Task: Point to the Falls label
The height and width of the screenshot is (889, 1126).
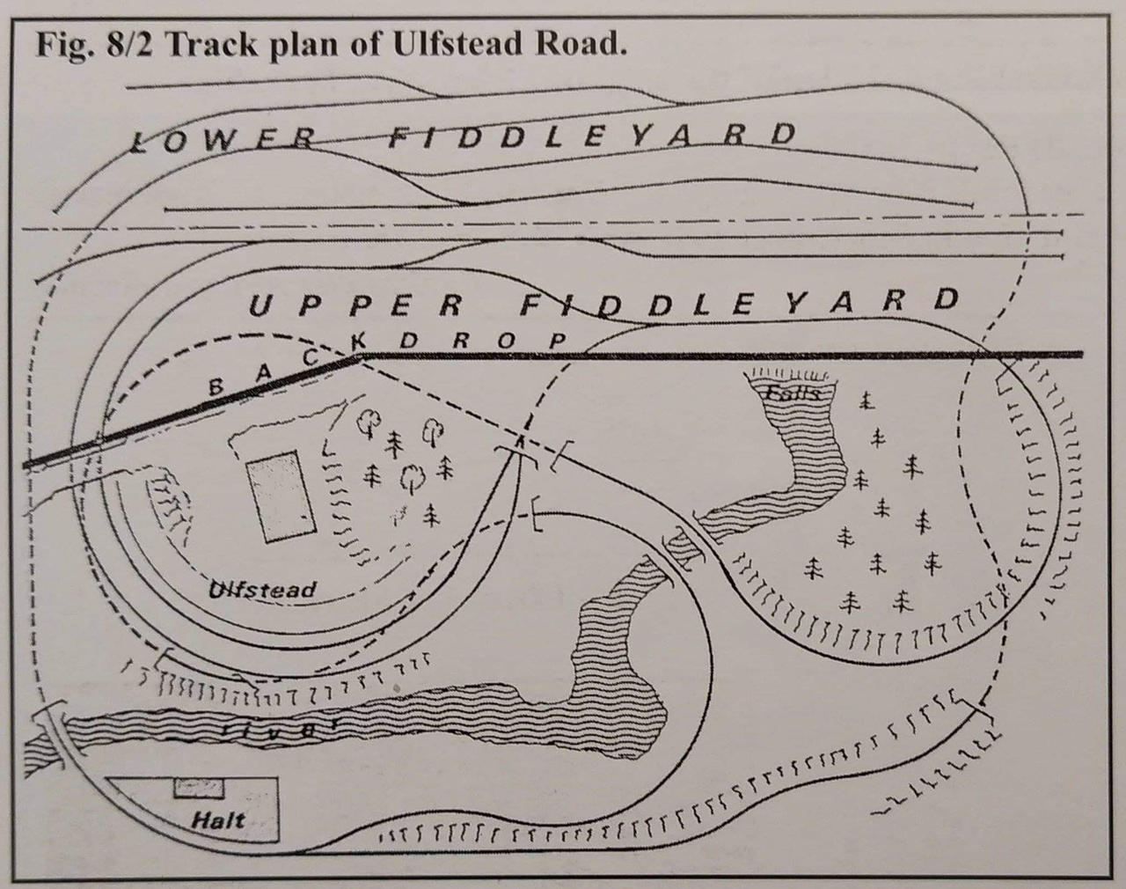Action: coord(794,393)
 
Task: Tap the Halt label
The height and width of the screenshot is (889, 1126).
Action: coord(218,820)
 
